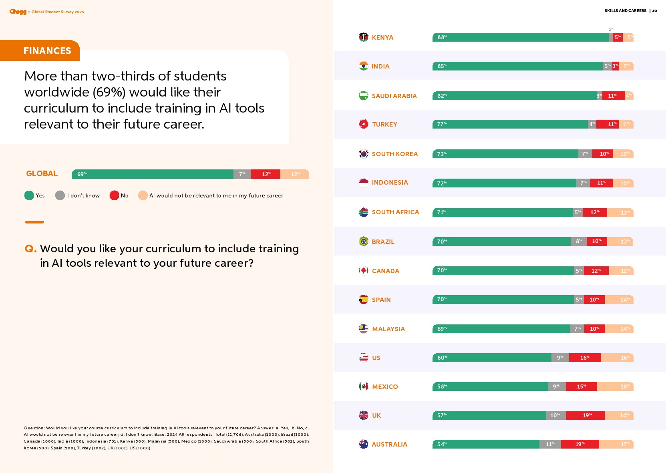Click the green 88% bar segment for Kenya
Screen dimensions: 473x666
point(521,37)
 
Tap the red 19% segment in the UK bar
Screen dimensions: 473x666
point(586,415)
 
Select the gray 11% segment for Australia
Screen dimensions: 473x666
point(550,444)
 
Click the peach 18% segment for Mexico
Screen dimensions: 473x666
point(615,386)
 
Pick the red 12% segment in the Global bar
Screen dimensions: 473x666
point(266,174)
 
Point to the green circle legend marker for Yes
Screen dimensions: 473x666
point(29,195)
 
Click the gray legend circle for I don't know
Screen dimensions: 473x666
point(60,195)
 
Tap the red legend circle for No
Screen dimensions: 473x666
point(114,195)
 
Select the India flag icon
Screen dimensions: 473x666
point(364,66)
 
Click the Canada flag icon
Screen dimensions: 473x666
point(364,271)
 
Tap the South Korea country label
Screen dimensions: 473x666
point(394,154)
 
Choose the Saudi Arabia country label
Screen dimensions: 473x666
point(394,96)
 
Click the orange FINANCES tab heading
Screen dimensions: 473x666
point(47,51)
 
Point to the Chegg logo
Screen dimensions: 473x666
point(18,12)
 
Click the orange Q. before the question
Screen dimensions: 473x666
point(30,249)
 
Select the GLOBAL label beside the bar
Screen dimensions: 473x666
point(42,174)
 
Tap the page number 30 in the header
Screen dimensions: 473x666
point(654,11)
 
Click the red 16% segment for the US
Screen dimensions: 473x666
point(585,358)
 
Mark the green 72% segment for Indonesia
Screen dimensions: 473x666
point(504,183)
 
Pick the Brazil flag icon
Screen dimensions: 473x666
point(364,242)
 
